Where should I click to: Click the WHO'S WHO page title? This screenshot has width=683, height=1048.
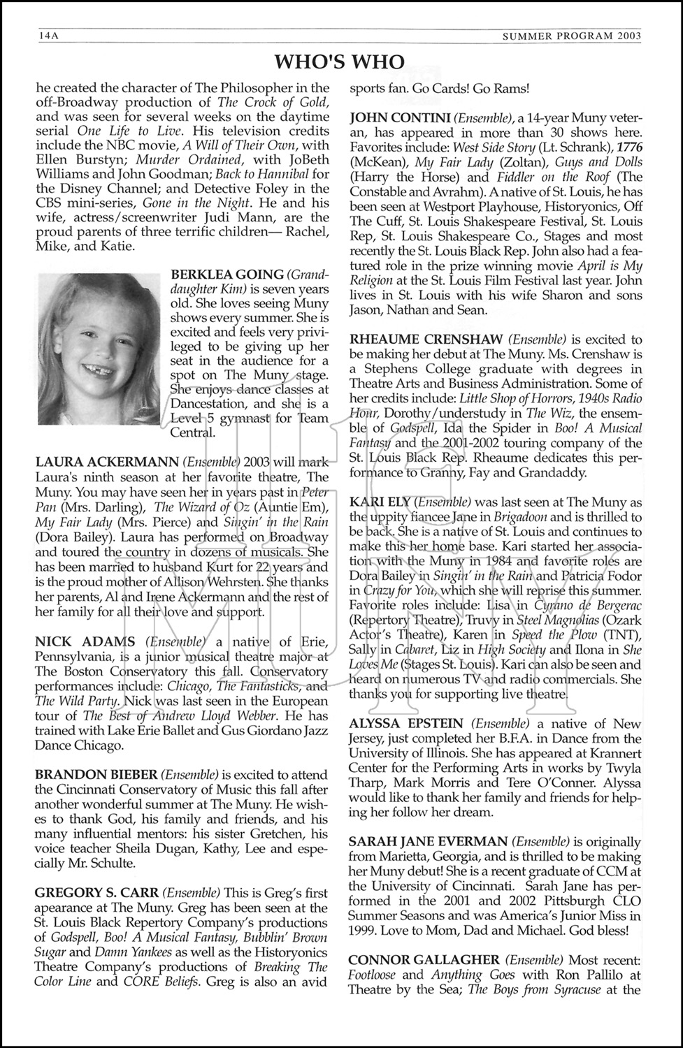340,62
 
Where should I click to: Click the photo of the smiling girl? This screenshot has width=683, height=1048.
99,348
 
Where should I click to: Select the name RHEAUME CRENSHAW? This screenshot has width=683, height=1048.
427,340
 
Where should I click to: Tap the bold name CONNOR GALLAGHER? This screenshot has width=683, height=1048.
424,960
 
